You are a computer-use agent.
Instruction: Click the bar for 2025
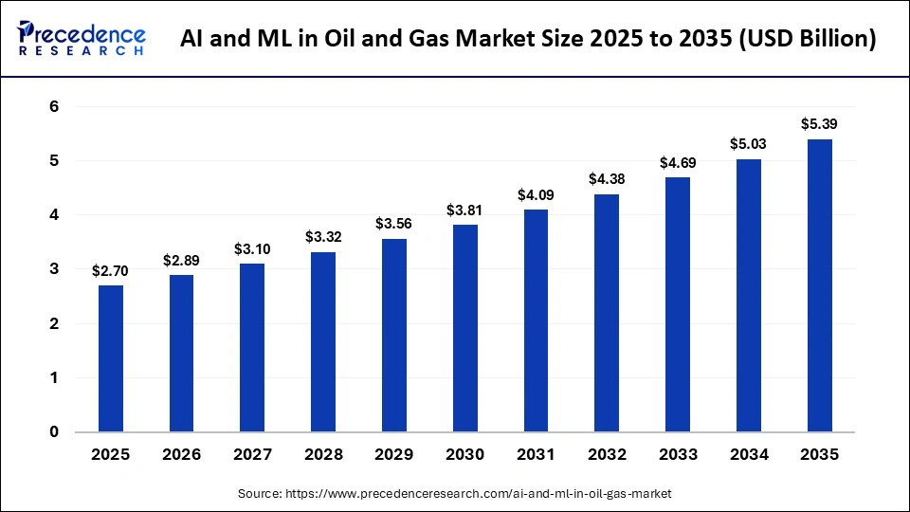(110, 358)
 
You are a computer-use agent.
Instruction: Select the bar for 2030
(464, 328)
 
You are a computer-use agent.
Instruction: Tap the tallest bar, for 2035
(819, 285)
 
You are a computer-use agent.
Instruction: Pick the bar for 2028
(322, 341)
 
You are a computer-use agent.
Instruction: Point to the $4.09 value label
(536, 195)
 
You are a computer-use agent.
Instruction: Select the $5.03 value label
(748, 144)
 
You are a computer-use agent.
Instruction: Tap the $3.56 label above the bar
(393, 224)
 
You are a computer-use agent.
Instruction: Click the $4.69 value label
(677, 162)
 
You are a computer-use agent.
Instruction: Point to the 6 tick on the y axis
(54, 107)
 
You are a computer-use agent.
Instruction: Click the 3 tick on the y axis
(54, 269)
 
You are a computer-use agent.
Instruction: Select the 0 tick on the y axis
(54, 432)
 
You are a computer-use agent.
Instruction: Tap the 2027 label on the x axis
(252, 455)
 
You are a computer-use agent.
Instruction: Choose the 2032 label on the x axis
(607, 455)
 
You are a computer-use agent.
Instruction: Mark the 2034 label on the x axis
(748, 455)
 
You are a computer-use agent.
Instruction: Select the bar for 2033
(677, 304)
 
